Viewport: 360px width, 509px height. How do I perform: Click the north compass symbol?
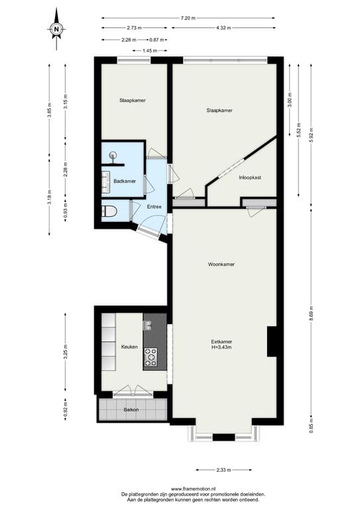tap(57, 28)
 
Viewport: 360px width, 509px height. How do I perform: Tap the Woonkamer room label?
tap(221, 264)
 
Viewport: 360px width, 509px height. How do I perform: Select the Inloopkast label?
tap(250, 178)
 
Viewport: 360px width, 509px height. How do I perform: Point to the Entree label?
tap(154, 207)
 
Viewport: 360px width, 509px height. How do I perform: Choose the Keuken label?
tap(129, 347)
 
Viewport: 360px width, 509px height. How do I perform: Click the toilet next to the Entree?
tap(110, 211)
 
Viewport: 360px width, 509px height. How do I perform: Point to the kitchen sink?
tap(147, 325)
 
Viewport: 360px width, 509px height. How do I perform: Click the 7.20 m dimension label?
tap(188, 18)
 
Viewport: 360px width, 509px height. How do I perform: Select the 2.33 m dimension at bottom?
tap(224, 469)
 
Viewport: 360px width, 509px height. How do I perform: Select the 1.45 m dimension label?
tap(150, 50)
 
